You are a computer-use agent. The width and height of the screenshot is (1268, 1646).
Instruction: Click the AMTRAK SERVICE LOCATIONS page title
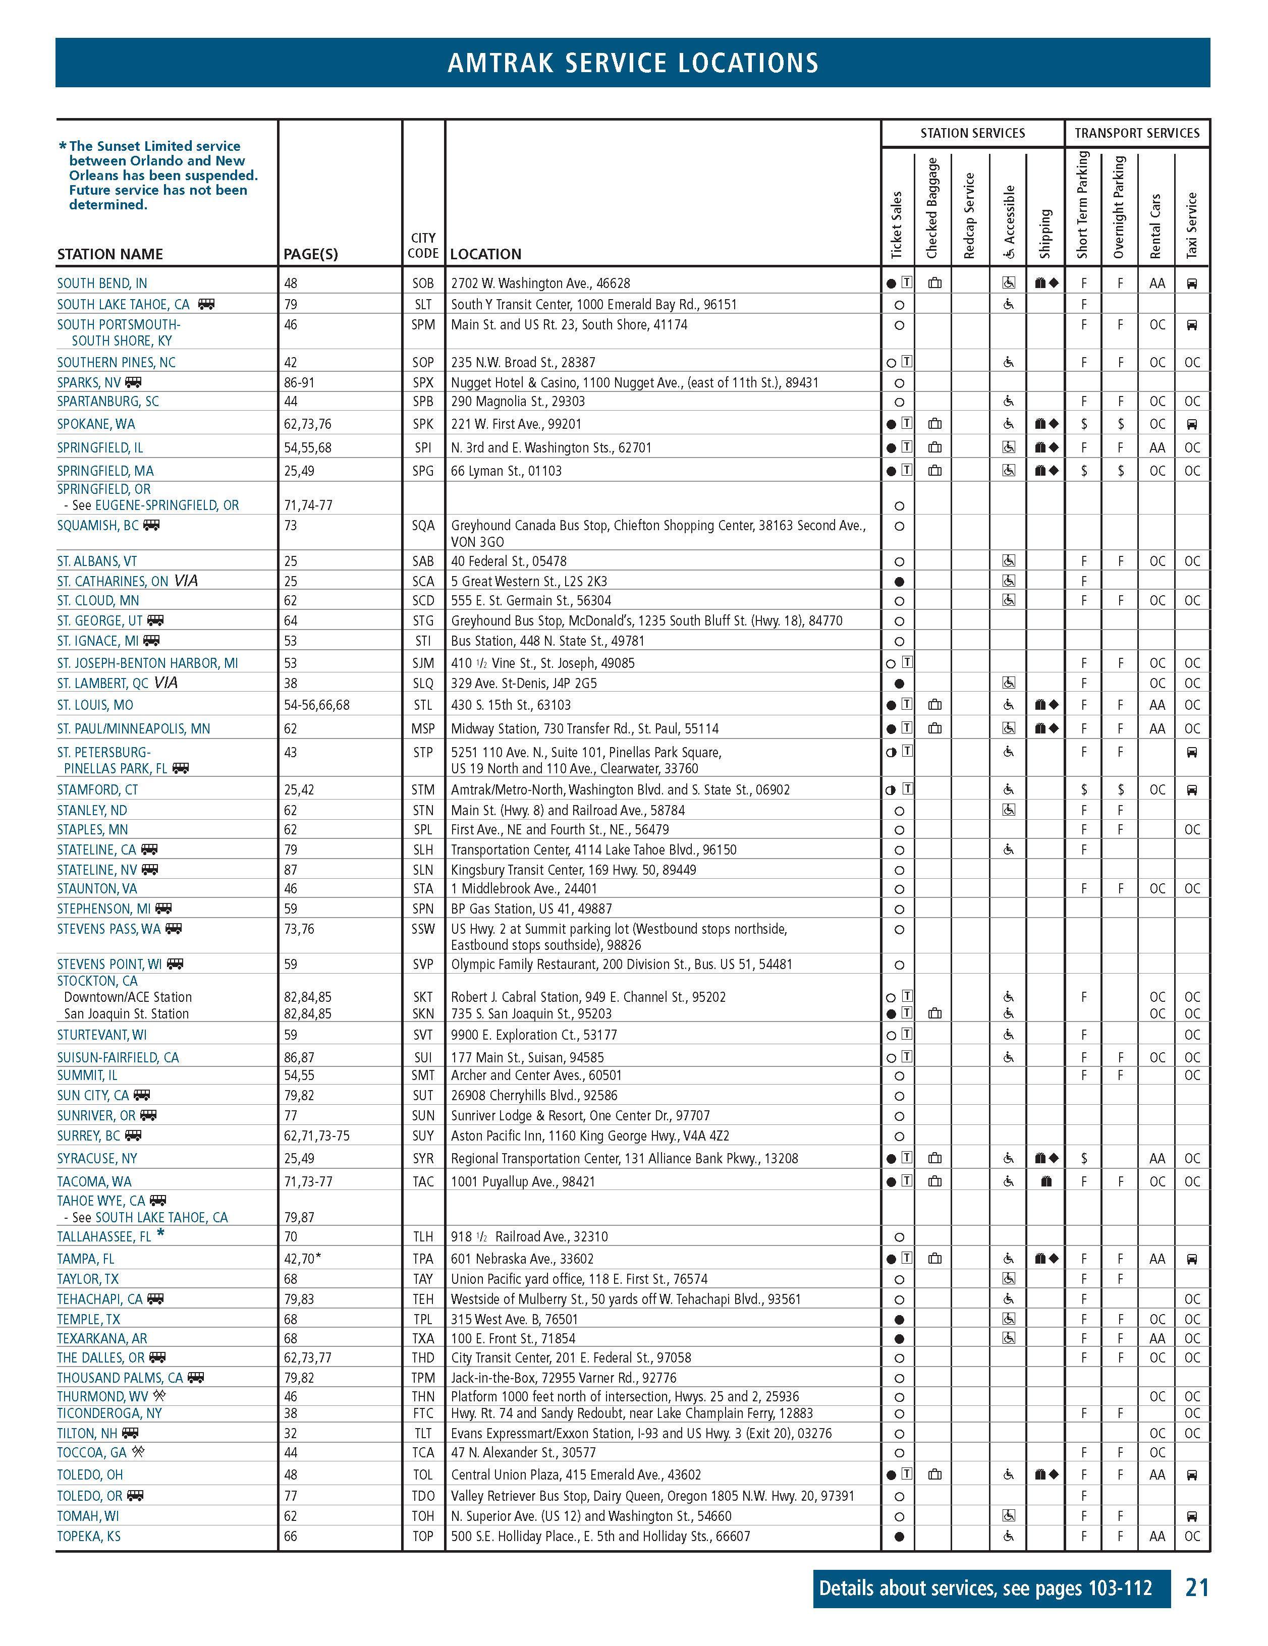point(633,63)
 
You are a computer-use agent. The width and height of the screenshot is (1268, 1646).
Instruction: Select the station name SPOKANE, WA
point(96,424)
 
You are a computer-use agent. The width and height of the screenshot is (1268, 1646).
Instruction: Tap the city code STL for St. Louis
point(423,705)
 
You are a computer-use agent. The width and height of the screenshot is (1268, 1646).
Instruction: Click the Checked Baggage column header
point(932,207)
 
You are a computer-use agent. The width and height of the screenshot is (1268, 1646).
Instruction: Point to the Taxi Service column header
point(1191,224)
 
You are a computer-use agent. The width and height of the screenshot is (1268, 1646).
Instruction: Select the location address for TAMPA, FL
point(522,1259)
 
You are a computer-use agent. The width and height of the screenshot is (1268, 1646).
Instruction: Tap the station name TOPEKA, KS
point(88,1536)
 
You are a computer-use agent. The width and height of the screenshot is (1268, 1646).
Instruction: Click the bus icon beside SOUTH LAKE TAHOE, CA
point(206,304)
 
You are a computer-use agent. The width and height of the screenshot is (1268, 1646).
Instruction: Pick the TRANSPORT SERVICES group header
point(1136,133)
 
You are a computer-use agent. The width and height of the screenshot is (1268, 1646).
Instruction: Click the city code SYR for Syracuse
point(423,1158)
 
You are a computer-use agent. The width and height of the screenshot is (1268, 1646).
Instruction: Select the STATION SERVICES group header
point(972,133)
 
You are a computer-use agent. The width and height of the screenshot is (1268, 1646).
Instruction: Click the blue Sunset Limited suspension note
point(158,175)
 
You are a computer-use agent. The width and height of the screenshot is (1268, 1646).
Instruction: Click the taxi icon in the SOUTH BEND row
point(1192,283)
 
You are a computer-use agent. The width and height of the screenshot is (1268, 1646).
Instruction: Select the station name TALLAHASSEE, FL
point(104,1237)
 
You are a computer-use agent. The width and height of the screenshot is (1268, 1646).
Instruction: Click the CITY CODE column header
point(423,246)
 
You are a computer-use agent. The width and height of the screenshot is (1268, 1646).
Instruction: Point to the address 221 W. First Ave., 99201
point(516,424)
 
